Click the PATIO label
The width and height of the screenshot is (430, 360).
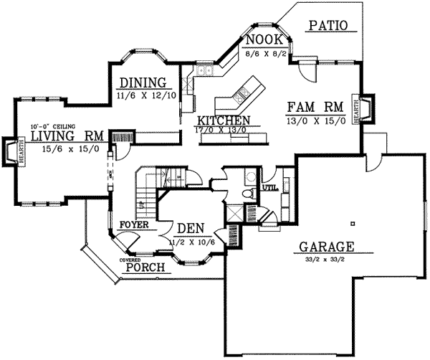tap(328, 26)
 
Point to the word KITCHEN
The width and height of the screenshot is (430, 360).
tap(224, 120)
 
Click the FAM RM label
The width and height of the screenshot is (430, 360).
tap(315, 108)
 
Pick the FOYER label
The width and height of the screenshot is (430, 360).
tap(134, 224)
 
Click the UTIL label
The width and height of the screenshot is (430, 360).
tap(269, 188)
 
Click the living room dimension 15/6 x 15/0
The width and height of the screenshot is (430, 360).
tap(68, 148)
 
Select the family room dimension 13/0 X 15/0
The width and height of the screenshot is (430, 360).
tap(316, 120)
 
